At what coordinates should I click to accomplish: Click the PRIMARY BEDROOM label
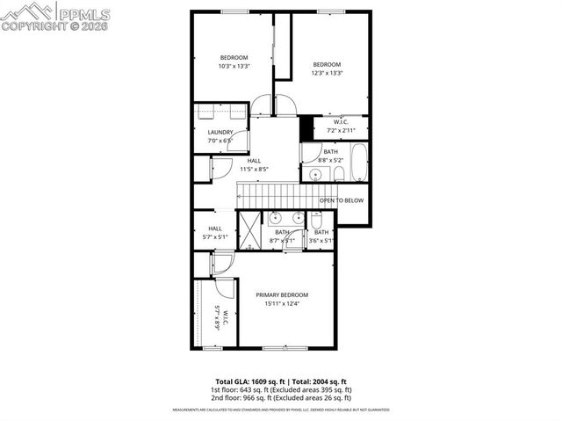pyautogui.click(x=282, y=294)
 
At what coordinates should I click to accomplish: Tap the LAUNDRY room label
pyautogui.click(x=220, y=133)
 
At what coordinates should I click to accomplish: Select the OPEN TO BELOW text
pyautogui.click(x=341, y=200)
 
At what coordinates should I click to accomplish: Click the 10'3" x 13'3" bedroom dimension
pyautogui.click(x=234, y=66)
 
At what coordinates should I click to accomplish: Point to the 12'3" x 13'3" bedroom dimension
pyautogui.click(x=327, y=73)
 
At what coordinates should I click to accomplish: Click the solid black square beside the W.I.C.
pyautogui.click(x=307, y=128)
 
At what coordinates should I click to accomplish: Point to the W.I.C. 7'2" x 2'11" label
pyautogui.click(x=342, y=127)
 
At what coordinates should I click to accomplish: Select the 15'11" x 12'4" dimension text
pyautogui.click(x=282, y=304)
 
